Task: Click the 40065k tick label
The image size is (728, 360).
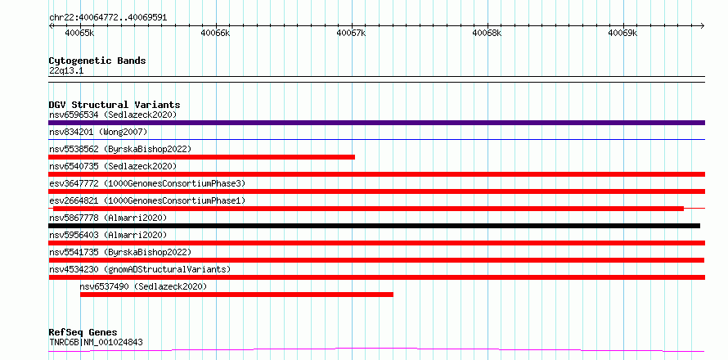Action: pos(79,33)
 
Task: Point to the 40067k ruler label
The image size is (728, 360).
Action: pos(351,33)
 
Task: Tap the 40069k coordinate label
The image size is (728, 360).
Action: pos(623,33)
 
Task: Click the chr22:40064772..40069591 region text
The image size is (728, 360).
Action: pos(108,18)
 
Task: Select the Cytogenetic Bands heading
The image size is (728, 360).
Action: pos(97,61)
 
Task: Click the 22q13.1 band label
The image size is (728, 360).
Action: pos(66,71)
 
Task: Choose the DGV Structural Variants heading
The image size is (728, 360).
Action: pos(115,105)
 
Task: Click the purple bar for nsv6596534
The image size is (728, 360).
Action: pos(376,123)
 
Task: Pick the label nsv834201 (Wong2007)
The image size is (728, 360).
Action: pos(98,132)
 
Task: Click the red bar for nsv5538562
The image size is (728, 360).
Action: pos(201,157)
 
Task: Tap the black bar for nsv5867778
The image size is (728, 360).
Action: pos(374,226)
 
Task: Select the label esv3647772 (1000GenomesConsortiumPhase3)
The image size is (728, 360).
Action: pos(147,183)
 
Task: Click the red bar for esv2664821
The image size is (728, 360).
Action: pos(369,209)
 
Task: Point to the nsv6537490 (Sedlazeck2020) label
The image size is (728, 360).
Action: pos(143,286)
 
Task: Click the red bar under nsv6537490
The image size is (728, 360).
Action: pos(236,295)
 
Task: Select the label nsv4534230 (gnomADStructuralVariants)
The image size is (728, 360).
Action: pos(140,269)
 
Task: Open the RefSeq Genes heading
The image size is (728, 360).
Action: pos(83,333)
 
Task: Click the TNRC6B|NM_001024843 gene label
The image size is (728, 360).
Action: pos(96,343)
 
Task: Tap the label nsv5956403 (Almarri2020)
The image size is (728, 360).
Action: pos(108,235)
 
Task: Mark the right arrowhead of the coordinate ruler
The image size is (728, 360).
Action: pos(703,25)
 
